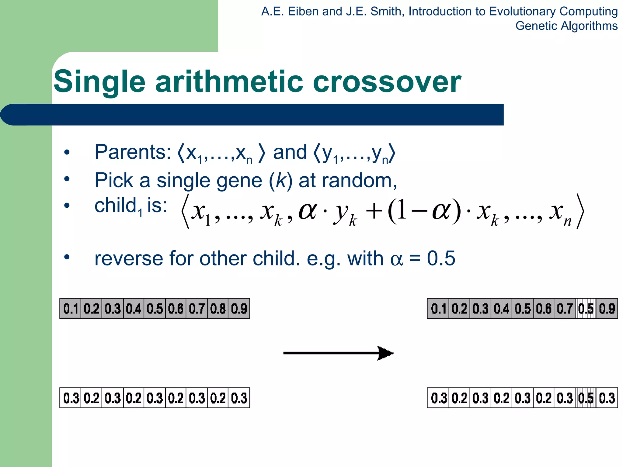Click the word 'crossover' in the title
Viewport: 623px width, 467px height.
(387, 81)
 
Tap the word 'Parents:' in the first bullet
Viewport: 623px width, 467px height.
(133, 152)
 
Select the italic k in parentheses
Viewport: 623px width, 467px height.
(280, 181)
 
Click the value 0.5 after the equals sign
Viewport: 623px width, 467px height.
(441, 258)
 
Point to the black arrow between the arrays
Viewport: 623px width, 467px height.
(338, 353)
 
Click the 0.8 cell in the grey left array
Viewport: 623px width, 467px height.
(218, 309)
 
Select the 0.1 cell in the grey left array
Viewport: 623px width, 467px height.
(71, 309)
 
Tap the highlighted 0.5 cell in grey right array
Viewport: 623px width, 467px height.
(586, 309)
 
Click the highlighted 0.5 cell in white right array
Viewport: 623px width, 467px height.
(586, 398)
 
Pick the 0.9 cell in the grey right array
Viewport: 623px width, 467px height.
(607, 309)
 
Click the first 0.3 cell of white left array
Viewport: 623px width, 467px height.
(71, 398)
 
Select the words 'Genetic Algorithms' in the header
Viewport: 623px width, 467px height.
(566, 26)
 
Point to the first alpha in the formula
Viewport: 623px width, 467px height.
(308, 211)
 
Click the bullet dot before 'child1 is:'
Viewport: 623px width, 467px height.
(67, 206)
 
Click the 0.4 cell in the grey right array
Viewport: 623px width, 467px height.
(501, 309)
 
